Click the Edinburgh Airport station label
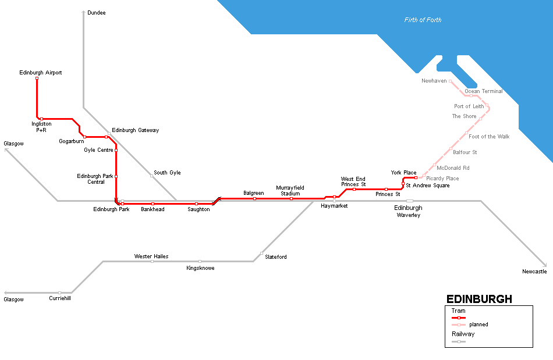pyautogui.click(x=40, y=73)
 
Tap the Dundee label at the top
pyautogui.click(x=97, y=12)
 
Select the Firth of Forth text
pyautogui.click(x=423, y=20)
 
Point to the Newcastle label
pyautogui.click(x=534, y=272)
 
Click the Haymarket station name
pyautogui.click(x=334, y=206)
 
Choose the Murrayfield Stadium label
pyautogui.click(x=290, y=191)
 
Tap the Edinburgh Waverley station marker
pyautogui.click(x=410, y=201)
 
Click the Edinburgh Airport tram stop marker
pyautogui.click(x=37, y=79)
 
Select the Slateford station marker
pyautogui.click(x=261, y=253)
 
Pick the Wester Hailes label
pyautogui.click(x=151, y=256)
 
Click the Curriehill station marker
pyautogui.click(x=59, y=293)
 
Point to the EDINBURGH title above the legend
pyautogui.click(x=479, y=300)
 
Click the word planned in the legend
pyautogui.click(x=478, y=325)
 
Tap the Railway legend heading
pyautogui.click(x=463, y=334)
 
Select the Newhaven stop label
pyautogui.click(x=434, y=81)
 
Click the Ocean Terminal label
pyautogui.click(x=483, y=91)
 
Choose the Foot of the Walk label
pyautogui.click(x=489, y=137)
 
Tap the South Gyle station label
pyautogui.click(x=167, y=173)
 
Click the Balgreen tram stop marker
pyautogui.click(x=254, y=199)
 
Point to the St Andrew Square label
pyautogui.click(x=427, y=186)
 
